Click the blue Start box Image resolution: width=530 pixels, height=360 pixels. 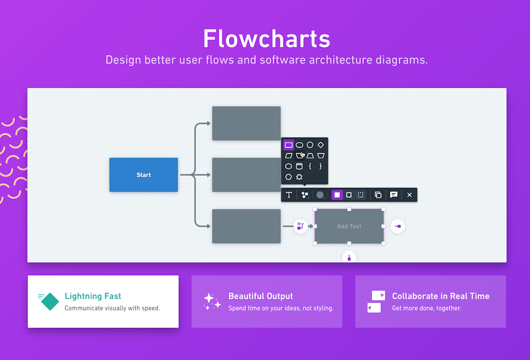click(143, 175)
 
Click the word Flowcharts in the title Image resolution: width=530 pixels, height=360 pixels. click(266, 38)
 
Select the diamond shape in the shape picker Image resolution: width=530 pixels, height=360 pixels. click(321, 145)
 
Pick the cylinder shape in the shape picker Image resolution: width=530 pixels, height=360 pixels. click(299, 166)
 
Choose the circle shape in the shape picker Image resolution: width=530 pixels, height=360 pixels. click(310, 145)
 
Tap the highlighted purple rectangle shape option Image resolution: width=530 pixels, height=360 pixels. click(289, 145)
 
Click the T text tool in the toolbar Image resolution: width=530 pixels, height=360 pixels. click(289, 195)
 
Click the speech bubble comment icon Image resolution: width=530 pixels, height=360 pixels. click(394, 195)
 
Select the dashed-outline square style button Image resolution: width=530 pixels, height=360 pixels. click(361, 195)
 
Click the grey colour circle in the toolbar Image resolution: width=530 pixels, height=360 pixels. click(320, 195)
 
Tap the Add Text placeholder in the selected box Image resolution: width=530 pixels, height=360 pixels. click(349, 226)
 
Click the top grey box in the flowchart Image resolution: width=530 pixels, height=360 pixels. click(246, 123)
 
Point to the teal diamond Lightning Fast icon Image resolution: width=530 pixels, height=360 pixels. click(50, 301)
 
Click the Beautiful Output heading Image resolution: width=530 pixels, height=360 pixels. click(260, 296)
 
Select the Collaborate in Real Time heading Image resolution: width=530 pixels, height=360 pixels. click(440, 296)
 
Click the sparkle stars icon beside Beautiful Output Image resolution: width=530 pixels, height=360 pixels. click(209, 301)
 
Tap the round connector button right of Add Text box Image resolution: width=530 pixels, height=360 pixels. click(397, 226)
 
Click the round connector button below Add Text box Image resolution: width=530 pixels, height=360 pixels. click(349, 257)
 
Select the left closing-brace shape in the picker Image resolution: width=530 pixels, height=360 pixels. click(310, 166)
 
